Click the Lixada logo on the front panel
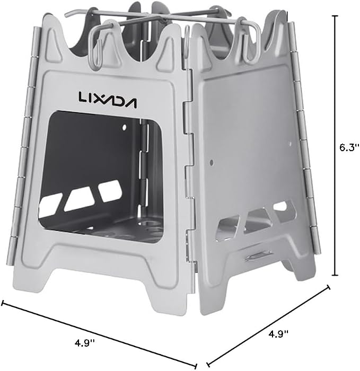pos(108,100)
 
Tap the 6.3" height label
pos(349,148)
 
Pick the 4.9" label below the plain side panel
pos(278,334)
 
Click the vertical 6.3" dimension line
pos(335,145)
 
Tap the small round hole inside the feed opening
pos(124,128)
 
